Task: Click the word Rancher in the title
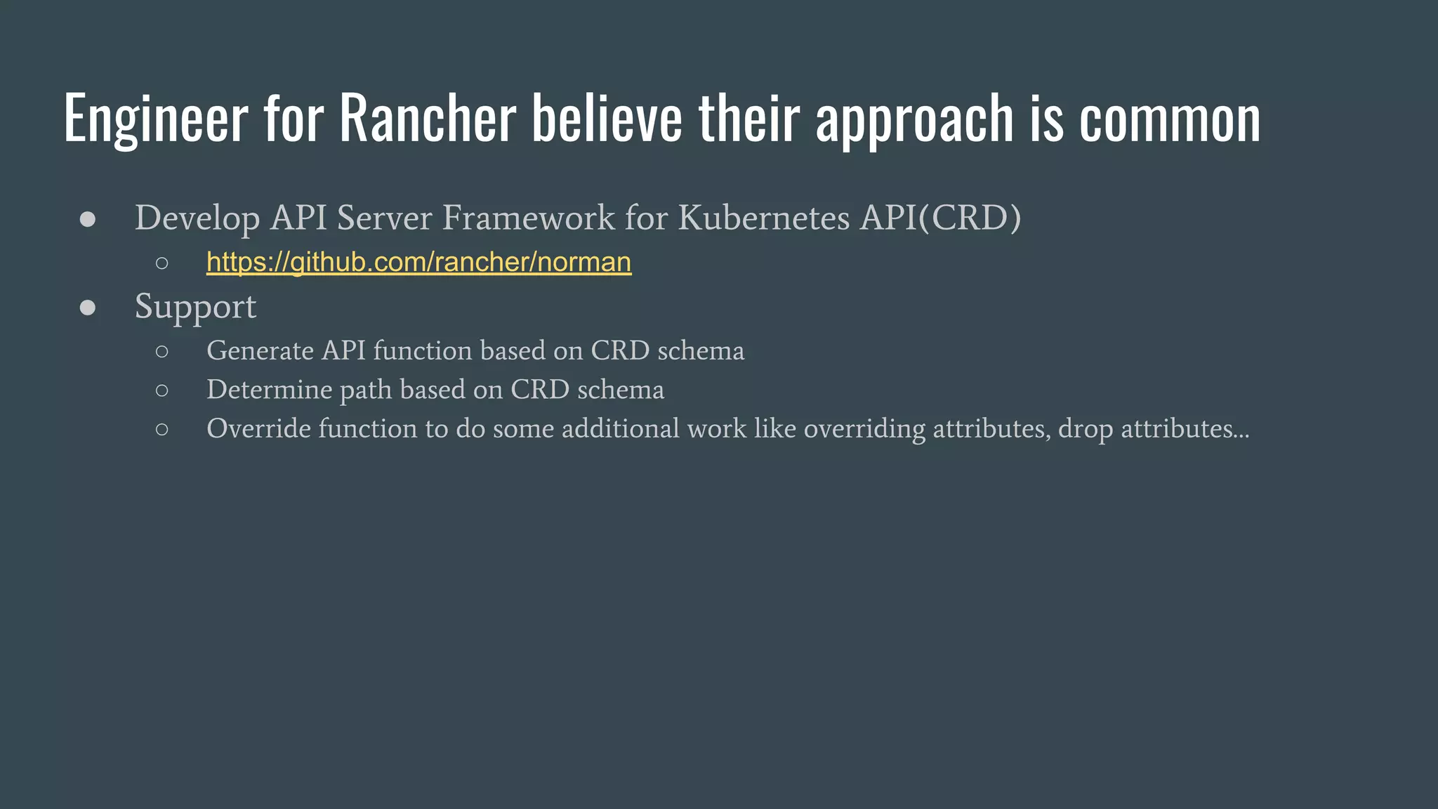428,118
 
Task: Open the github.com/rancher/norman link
418,262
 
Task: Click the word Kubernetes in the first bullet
764,218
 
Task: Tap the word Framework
528,218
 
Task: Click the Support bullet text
195,307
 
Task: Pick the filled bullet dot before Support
88,308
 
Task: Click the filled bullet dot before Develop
88,219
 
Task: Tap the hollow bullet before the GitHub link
162,263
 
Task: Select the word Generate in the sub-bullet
260,350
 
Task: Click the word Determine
270,390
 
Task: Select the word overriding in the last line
864,428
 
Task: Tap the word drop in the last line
1086,429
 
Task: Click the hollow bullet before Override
162,429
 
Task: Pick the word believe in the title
607,118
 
